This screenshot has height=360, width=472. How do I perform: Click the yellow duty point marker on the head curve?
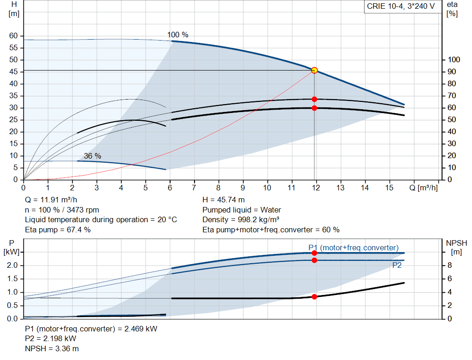click(314, 71)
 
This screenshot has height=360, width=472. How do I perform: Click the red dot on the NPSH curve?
click(314, 297)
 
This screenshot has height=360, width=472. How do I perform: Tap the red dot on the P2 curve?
click(314, 260)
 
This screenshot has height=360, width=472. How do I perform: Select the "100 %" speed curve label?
click(178, 35)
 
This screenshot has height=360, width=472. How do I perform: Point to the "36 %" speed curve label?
click(92, 156)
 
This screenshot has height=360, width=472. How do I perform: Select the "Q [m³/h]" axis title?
click(423, 188)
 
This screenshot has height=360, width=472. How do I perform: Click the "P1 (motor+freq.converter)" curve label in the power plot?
click(354, 248)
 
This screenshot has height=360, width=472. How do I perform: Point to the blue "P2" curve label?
click(397, 265)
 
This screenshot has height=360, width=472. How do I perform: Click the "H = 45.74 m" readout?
click(224, 200)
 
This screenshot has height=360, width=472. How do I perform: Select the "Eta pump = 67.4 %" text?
click(58, 230)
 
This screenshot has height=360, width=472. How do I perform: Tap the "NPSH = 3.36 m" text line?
click(52, 348)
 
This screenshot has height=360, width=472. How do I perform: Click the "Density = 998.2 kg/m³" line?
click(241, 220)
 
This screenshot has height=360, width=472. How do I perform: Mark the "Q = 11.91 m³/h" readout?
click(51, 200)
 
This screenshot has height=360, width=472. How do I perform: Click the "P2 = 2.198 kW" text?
click(51, 339)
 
